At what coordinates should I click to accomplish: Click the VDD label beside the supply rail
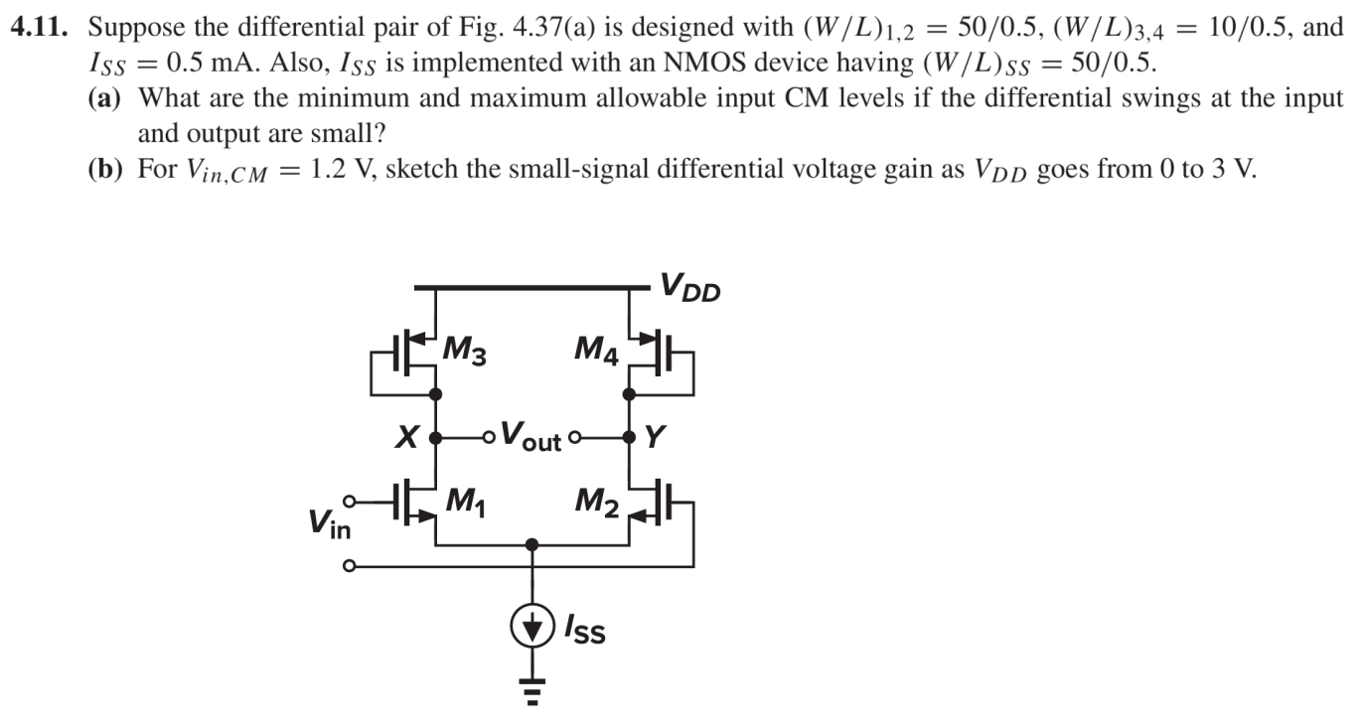(x=690, y=289)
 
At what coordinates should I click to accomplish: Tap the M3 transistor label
(x=464, y=351)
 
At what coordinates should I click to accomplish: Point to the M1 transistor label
(x=464, y=503)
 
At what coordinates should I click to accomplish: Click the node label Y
(x=656, y=437)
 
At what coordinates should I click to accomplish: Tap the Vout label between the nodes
(x=530, y=436)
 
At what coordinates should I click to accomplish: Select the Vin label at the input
(x=328, y=523)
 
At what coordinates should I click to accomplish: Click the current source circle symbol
(x=532, y=626)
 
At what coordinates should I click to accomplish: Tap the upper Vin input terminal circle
(x=348, y=502)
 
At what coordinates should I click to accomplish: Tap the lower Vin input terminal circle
(x=348, y=567)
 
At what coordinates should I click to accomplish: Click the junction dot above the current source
(x=532, y=544)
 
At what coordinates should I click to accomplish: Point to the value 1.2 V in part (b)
(x=344, y=169)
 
